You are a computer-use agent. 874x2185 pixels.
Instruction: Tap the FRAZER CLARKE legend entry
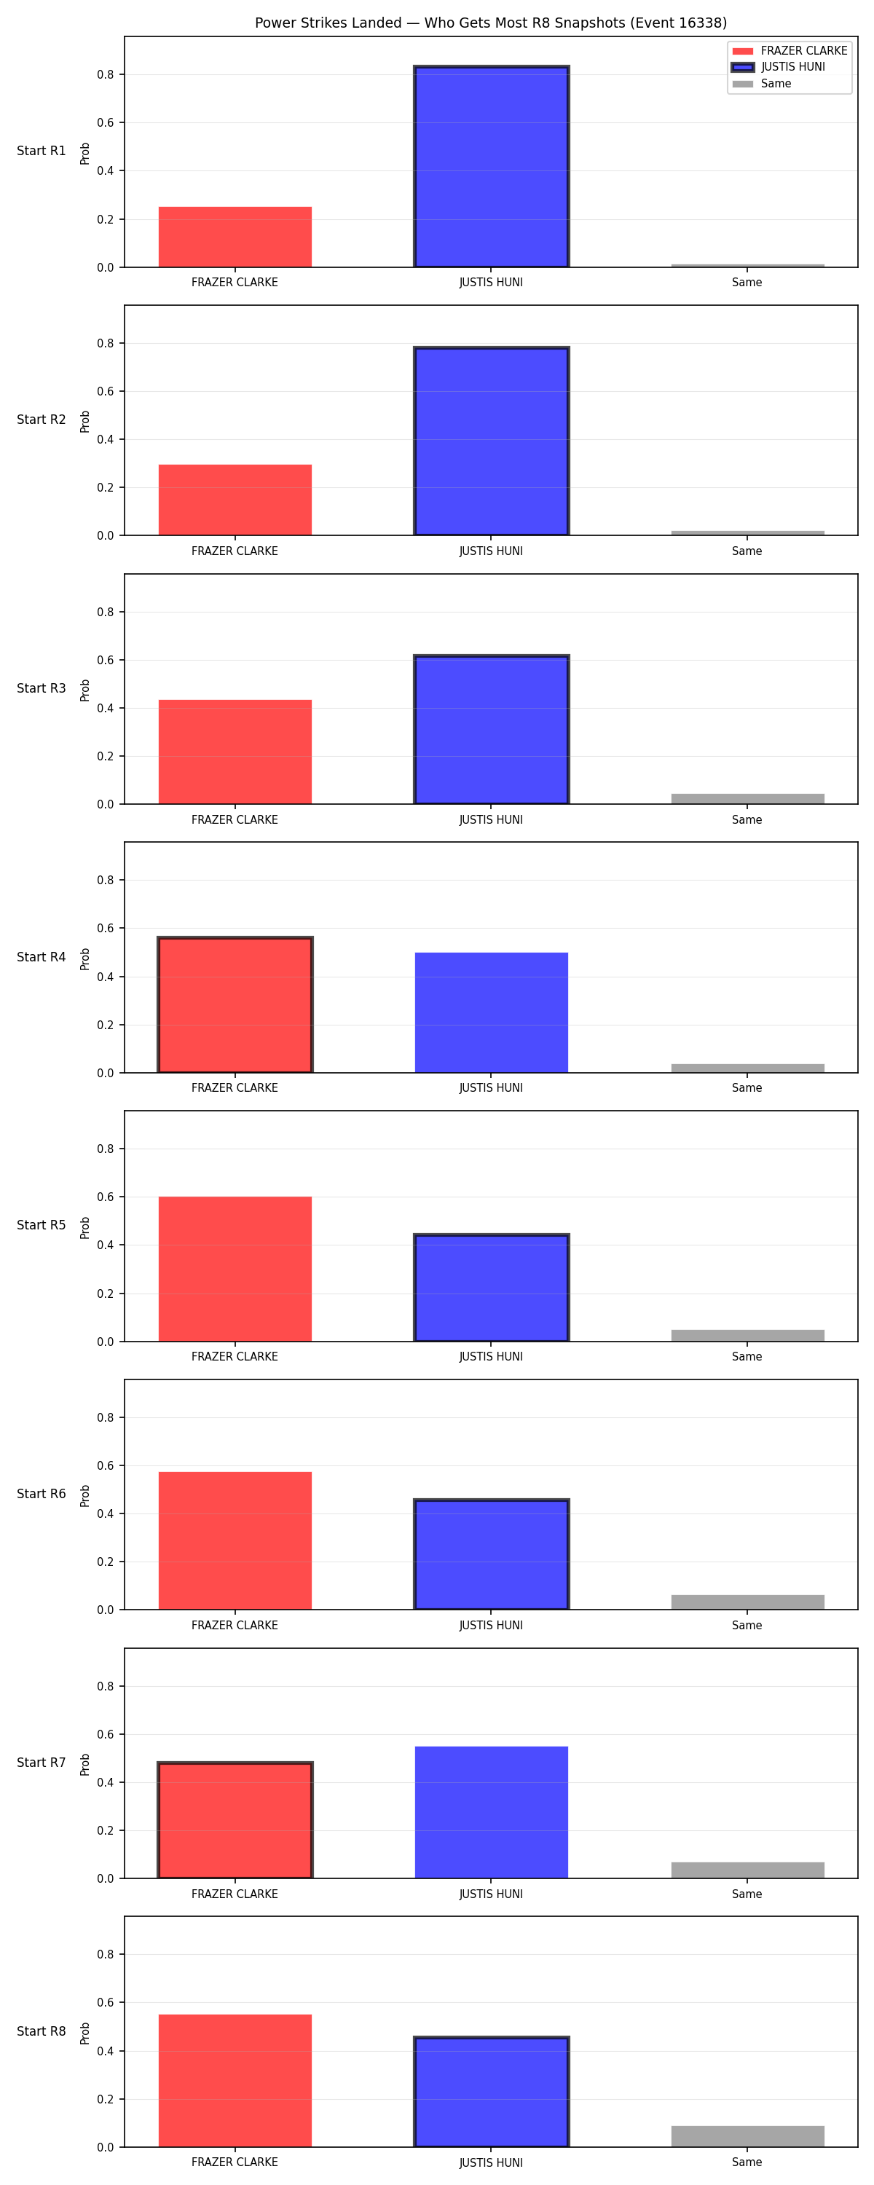789,51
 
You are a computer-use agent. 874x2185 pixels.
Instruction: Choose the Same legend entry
762,84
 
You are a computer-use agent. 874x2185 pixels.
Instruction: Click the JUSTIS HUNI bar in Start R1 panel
492,166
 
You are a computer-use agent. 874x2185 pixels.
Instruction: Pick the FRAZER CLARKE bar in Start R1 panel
235,237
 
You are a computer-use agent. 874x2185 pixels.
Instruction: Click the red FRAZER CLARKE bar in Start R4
235,1005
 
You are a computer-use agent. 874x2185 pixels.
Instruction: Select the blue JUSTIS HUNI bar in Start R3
492,730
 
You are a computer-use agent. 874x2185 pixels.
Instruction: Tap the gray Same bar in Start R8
747,2137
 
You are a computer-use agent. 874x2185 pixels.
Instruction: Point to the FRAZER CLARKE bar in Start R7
235,1820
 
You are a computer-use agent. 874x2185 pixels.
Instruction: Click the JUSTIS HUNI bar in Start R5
492,1288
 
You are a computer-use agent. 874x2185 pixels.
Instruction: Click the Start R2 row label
42,420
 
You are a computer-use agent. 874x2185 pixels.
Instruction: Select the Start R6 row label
42,1494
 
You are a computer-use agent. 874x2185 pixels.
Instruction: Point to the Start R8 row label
42,2031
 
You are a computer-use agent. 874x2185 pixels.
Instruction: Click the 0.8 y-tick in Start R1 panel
105,74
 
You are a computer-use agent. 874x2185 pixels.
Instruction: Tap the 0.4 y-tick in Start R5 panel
105,1245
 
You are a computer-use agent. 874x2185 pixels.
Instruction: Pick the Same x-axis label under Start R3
747,819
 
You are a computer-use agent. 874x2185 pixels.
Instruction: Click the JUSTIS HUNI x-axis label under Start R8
492,2163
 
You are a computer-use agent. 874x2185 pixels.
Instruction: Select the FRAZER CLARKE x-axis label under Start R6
235,1625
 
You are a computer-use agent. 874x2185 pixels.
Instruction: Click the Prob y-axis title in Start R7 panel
85,1765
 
